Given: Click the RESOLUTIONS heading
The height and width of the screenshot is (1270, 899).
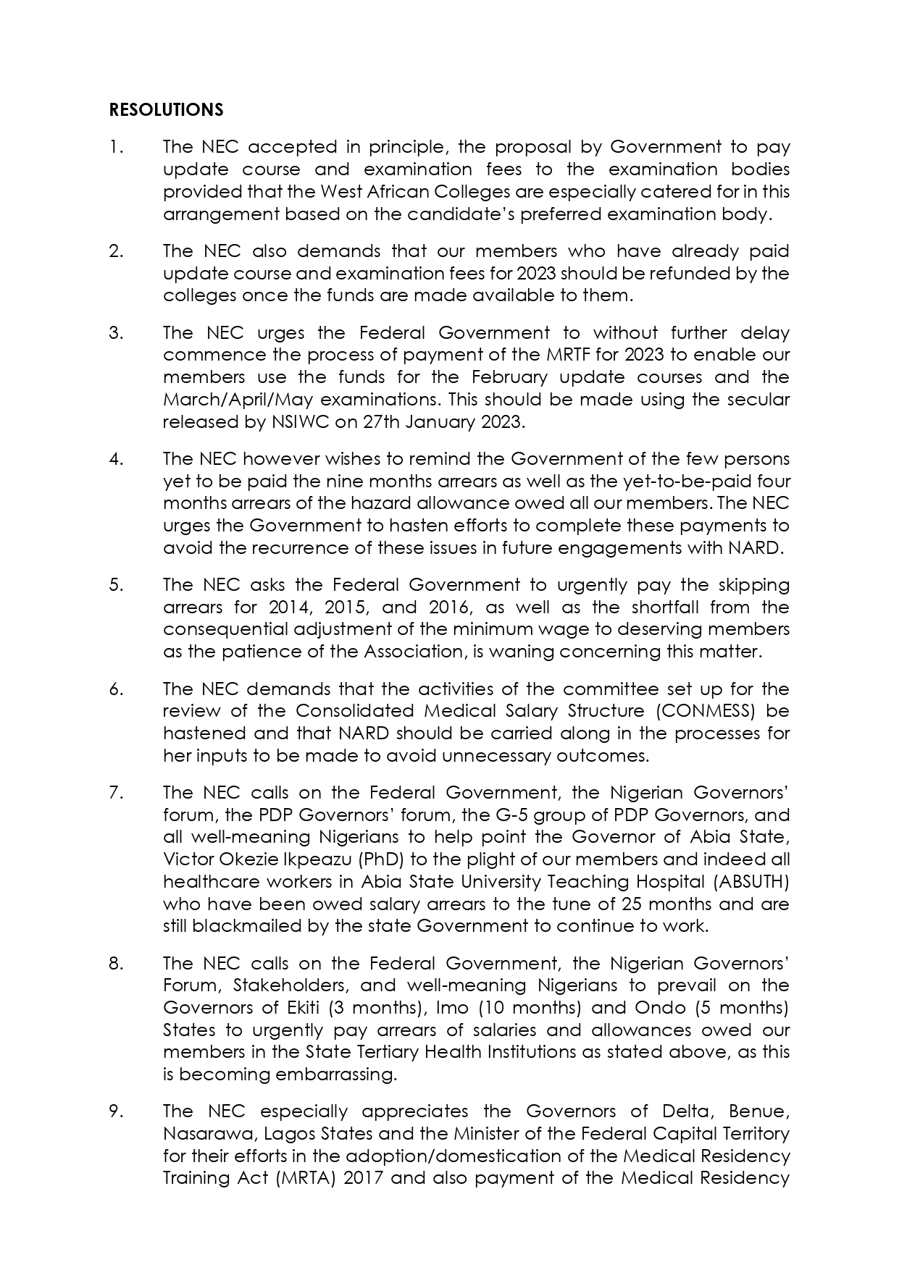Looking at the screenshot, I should [x=166, y=109].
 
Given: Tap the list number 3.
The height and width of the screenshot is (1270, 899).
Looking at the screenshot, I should [x=115, y=332].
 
